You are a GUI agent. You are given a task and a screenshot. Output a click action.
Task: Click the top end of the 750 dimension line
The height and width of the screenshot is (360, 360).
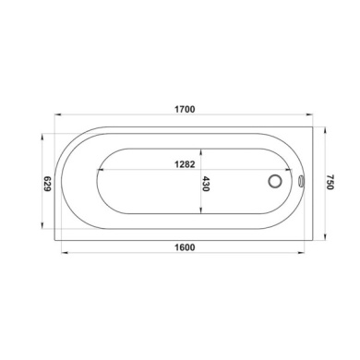325,126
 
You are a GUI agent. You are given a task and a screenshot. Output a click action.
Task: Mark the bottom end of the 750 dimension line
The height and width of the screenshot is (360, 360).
325,239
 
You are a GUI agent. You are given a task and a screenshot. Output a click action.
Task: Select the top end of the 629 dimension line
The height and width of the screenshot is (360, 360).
42,134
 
